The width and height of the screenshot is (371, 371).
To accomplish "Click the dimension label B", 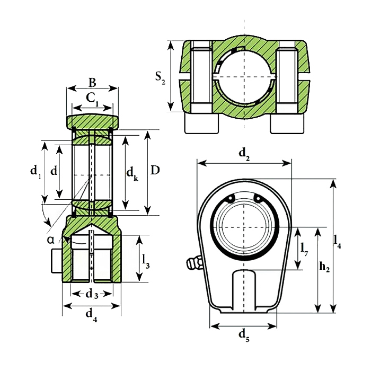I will tap(92, 83).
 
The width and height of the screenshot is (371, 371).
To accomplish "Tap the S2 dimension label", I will tap(160, 78).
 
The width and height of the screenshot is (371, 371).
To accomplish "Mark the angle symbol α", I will tap(51, 240).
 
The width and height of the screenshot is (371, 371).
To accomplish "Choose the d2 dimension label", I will tap(244, 154).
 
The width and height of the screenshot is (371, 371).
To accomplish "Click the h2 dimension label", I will tap(325, 269).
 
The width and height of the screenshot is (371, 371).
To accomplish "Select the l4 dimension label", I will tap(338, 241).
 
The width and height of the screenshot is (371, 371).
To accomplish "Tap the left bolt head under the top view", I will tap(201, 123).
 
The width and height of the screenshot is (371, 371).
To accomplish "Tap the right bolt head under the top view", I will tap(287, 123).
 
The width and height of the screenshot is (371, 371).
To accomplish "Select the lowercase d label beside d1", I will tap(54, 171).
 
